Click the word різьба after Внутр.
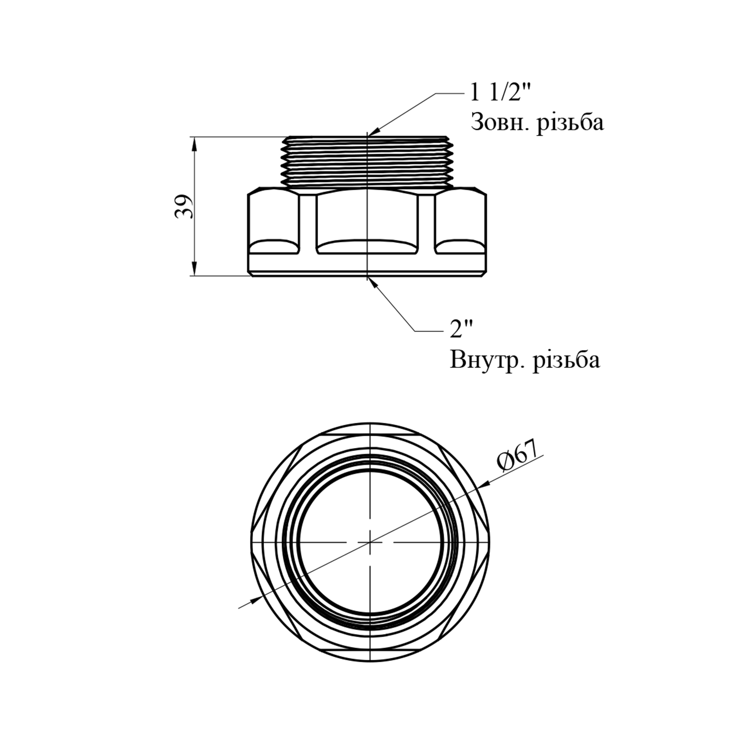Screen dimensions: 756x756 (566, 360)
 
